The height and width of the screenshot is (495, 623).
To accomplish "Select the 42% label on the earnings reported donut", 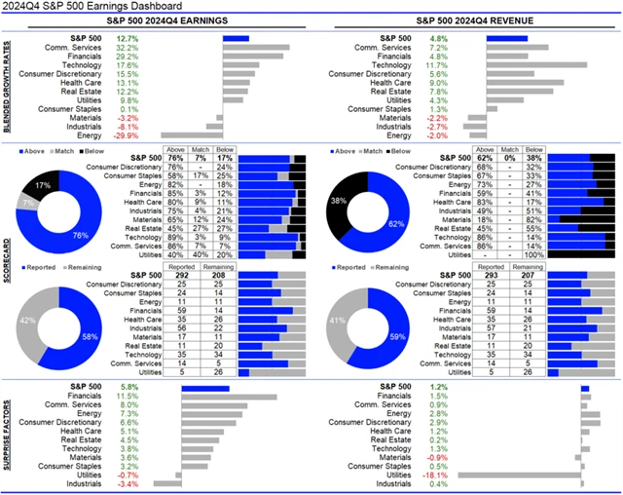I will click(x=29, y=319).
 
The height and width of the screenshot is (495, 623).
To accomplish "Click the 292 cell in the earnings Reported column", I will click(x=181, y=276).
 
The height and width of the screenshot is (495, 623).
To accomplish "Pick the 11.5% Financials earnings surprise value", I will click(x=127, y=397).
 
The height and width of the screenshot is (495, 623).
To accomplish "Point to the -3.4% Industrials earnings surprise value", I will click(x=127, y=484).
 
